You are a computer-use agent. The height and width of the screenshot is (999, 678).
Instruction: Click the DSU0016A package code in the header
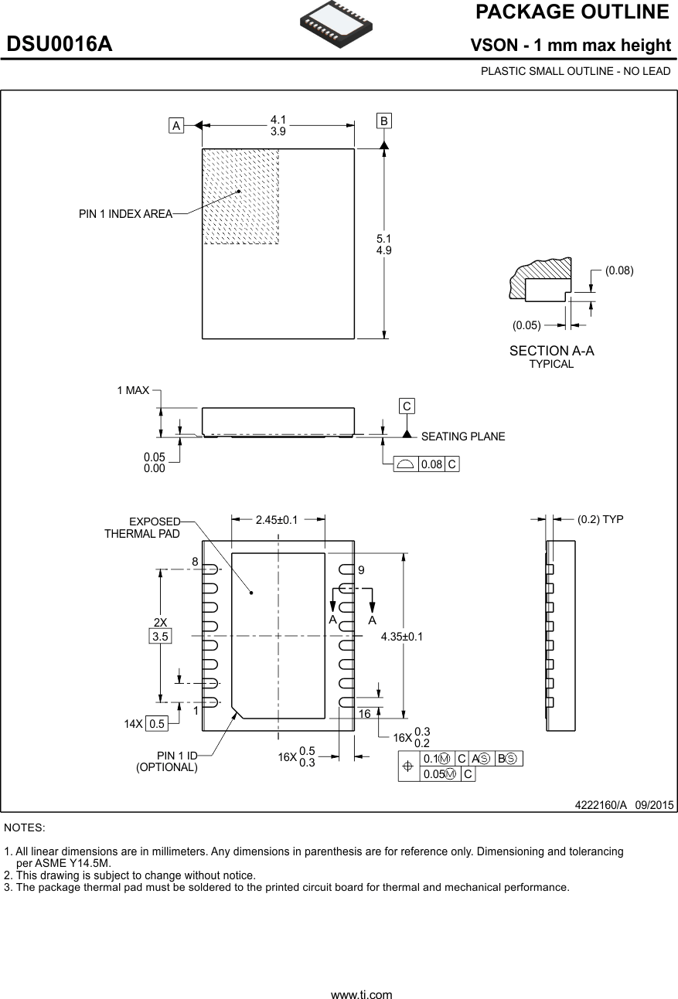[60, 45]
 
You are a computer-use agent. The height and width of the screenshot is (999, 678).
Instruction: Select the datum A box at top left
[177, 125]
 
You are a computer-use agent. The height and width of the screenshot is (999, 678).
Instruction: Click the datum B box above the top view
[384, 121]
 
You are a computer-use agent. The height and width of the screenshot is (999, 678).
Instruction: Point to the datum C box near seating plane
[407, 406]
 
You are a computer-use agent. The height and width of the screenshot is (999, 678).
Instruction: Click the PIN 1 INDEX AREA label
[125, 214]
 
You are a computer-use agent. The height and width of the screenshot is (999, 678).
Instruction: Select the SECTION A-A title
[551, 351]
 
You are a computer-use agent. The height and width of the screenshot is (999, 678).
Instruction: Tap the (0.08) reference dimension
[618, 270]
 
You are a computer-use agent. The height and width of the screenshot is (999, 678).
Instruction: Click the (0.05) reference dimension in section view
[526, 325]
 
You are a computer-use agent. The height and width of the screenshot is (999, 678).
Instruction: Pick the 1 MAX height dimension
[133, 391]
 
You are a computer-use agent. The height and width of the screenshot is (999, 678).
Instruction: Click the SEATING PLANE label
[463, 437]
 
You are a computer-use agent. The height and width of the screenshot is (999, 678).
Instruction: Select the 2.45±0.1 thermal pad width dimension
[277, 520]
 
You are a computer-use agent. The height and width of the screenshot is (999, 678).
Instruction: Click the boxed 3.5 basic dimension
[160, 637]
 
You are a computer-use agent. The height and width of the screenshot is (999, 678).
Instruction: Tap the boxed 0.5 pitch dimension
[157, 724]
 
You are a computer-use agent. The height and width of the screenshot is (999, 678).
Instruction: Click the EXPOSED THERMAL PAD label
[143, 528]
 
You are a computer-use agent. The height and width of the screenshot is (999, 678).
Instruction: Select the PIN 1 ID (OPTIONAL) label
[167, 761]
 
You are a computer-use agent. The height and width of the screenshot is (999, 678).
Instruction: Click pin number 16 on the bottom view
[365, 714]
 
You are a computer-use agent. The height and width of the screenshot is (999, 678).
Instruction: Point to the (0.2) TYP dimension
[600, 520]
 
